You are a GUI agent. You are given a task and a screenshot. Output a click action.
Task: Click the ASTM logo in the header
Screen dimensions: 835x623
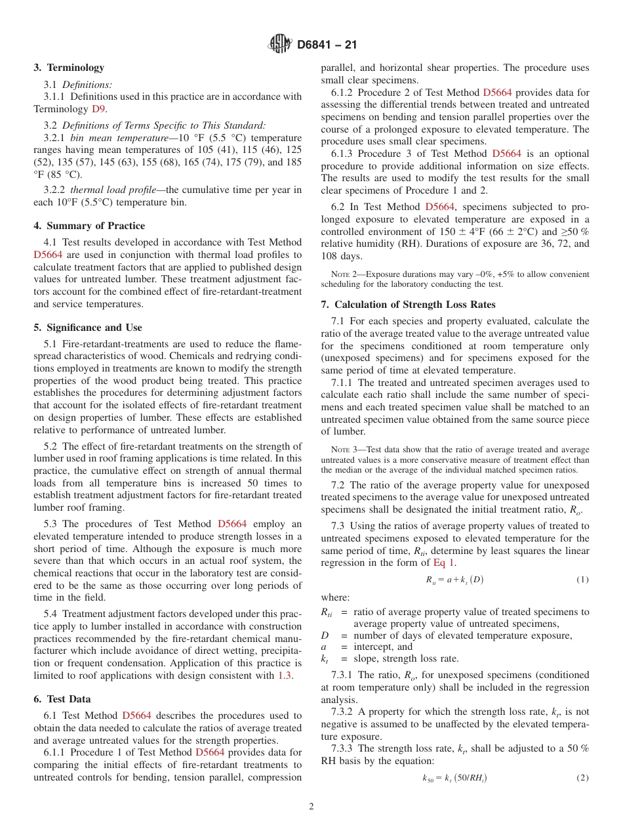pyautogui.click(x=280, y=45)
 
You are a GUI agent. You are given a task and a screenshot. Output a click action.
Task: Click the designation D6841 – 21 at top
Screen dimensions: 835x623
pyautogui.click(x=327, y=45)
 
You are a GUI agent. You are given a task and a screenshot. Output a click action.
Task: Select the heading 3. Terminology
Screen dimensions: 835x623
pyautogui.click(x=69, y=68)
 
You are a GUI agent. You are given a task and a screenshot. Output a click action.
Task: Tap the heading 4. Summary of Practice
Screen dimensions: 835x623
pyautogui.click(x=89, y=226)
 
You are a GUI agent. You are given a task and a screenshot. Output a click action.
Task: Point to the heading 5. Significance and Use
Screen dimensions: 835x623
pyautogui.click(x=88, y=328)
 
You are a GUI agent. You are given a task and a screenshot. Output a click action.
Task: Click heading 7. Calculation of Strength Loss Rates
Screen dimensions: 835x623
pyautogui.click(x=408, y=304)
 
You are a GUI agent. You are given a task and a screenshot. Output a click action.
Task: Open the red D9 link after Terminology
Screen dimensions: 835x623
pyautogui.click(x=98, y=109)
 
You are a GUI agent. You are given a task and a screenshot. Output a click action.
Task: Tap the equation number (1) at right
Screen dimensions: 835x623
pyautogui.click(x=582, y=580)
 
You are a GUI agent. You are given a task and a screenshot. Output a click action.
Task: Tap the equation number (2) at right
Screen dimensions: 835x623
pyautogui.click(x=582, y=778)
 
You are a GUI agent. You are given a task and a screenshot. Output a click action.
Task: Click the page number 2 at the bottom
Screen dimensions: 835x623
pyautogui.click(x=311, y=807)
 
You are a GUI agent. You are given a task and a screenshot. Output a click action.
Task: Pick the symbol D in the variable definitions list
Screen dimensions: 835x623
pyautogui.click(x=325, y=635)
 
